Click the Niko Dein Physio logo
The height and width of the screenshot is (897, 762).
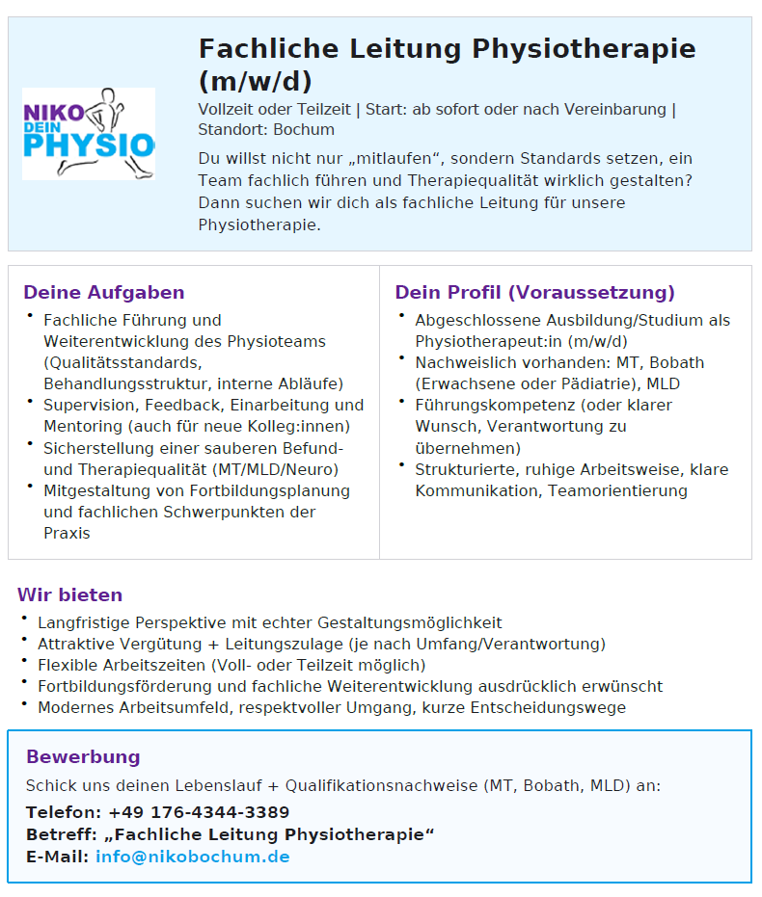(x=89, y=134)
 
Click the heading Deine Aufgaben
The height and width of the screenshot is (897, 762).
(x=104, y=292)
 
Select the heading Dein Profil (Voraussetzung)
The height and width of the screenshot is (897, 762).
(x=534, y=292)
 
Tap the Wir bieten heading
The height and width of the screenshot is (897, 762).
(x=69, y=594)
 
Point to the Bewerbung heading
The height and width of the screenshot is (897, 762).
(x=83, y=756)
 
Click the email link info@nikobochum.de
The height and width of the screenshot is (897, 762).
(x=192, y=857)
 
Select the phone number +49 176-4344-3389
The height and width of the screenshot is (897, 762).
(x=199, y=812)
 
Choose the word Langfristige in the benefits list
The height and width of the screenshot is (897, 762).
(x=82, y=622)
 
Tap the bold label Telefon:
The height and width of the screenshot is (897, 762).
(x=63, y=812)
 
